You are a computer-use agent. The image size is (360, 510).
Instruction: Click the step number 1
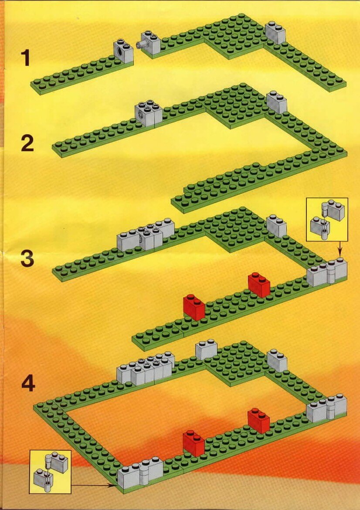pyautogui.click(x=25, y=58)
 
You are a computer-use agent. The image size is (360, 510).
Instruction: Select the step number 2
pyautogui.click(x=27, y=144)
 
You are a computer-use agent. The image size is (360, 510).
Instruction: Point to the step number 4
pyautogui.click(x=28, y=384)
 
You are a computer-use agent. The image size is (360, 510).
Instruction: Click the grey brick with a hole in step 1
pyautogui.click(x=123, y=51)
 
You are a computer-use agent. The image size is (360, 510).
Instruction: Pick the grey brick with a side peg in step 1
pyautogui.click(x=149, y=42)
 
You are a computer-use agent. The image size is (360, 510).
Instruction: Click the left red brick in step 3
pyautogui.click(x=194, y=307)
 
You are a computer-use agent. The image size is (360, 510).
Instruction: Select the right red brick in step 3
pyautogui.click(x=259, y=285)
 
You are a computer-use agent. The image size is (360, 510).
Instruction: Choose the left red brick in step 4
pyautogui.click(x=194, y=443)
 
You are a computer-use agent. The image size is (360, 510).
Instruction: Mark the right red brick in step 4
pyautogui.click(x=258, y=421)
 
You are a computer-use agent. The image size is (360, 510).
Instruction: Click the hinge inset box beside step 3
pyautogui.click(x=327, y=220)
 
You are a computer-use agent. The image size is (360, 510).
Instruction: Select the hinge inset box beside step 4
pyautogui.click(x=51, y=472)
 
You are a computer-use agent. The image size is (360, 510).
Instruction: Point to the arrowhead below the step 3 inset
pyautogui.click(x=340, y=253)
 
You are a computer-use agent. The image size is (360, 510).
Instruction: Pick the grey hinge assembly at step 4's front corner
pyautogui.click(x=140, y=473)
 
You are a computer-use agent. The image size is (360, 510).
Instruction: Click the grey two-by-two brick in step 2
pyautogui.click(x=149, y=113)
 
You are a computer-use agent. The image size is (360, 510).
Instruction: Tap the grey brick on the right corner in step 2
pyautogui.click(x=277, y=102)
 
